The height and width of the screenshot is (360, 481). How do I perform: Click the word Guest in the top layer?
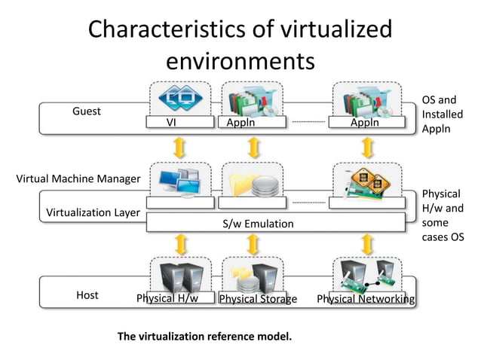tap(87, 111)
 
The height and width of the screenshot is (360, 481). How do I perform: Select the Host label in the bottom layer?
tap(87, 295)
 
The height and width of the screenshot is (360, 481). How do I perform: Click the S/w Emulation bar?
tap(259, 224)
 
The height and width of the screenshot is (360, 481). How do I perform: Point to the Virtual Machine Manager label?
tap(78, 179)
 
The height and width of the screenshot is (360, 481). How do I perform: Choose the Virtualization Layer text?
tap(93, 212)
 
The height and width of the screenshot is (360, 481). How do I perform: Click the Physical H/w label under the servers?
tap(167, 298)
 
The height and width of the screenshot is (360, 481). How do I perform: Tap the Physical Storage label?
tap(258, 299)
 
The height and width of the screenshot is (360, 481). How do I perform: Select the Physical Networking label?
tap(366, 299)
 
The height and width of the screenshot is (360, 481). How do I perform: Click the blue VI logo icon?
tap(173, 99)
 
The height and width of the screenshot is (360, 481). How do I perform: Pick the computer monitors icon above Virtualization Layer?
tap(175, 181)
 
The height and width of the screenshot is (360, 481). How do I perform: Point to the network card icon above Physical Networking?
tap(366, 182)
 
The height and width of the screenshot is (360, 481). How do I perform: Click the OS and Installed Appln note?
tap(443, 114)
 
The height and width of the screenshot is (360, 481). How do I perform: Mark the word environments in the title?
tap(240, 59)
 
